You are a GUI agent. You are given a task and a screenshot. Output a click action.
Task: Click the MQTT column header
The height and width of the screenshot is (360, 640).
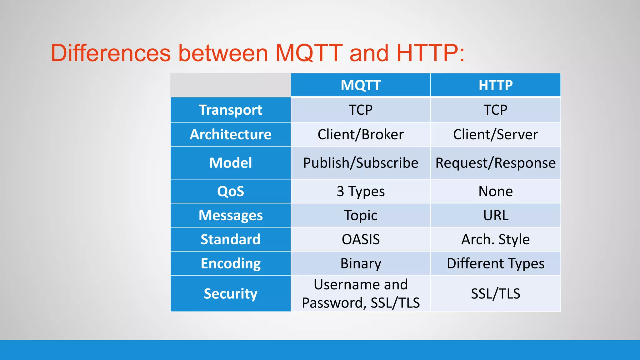(x=361, y=85)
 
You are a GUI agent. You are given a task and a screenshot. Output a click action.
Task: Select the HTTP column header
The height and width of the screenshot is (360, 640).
(x=496, y=85)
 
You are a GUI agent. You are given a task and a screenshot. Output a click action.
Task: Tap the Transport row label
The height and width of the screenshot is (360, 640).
(x=231, y=110)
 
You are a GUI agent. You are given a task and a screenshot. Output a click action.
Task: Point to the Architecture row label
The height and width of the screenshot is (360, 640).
(x=231, y=134)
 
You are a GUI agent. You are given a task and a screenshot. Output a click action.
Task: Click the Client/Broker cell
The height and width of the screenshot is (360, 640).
(x=361, y=134)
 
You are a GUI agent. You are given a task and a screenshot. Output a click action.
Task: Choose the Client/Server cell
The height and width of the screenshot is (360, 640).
(x=496, y=134)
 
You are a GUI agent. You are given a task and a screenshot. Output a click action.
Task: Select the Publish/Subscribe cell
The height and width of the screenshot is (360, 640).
(x=361, y=163)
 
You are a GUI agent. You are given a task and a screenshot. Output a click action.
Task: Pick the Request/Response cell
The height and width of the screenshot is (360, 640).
(x=496, y=163)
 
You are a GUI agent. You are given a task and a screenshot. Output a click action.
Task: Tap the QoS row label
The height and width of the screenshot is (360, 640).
(x=231, y=191)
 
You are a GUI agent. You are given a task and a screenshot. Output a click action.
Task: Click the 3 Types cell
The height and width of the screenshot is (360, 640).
(x=361, y=191)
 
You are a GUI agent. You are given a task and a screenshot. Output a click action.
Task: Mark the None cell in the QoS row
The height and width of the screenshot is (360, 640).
(x=496, y=191)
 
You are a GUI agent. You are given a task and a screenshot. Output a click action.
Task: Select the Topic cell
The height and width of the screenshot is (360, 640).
(x=361, y=215)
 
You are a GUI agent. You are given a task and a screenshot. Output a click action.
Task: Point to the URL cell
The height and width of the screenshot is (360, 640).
(x=496, y=215)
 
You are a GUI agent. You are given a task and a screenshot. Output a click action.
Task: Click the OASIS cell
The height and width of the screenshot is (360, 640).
(x=361, y=239)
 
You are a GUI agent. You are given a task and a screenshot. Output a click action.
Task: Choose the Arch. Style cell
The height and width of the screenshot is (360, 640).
(x=496, y=239)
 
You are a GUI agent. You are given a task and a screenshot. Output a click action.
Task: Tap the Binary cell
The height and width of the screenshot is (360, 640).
(x=361, y=263)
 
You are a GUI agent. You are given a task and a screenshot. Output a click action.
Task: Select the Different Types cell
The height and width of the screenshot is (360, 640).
(x=496, y=263)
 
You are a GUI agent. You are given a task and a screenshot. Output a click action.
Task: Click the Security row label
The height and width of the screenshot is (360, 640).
(x=231, y=293)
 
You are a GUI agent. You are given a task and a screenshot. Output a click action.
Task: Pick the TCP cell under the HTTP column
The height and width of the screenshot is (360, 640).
(x=496, y=110)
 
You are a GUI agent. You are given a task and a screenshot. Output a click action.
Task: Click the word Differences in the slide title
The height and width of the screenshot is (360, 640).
(x=111, y=53)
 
